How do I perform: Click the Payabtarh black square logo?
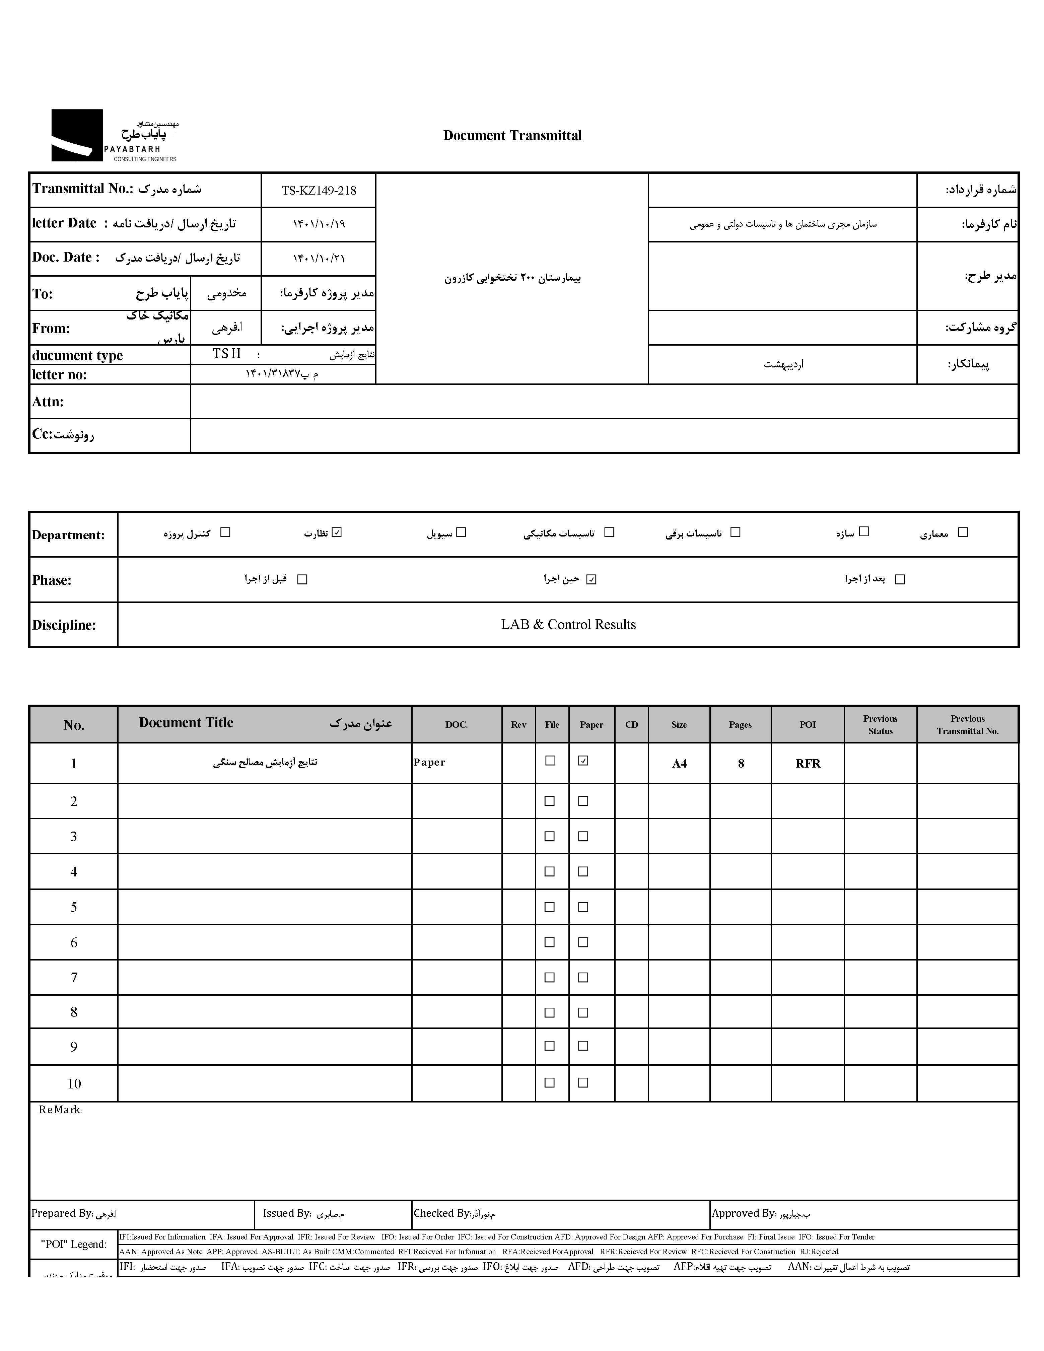(x=77, y=136)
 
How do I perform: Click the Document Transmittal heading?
(x=512, y=136)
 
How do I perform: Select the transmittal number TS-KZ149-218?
(x=319, y=191)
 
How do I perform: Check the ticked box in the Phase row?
(x=591, y=580)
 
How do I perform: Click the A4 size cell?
(x=679, y=764)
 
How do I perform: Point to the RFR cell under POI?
(x=808, y=764)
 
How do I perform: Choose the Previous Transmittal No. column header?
(x=967, y=725)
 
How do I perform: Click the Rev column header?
(x=518, y=725)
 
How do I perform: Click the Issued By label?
(x=287, y=1214)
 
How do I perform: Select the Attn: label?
(x=48, y=402)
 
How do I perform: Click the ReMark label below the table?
(x=60, y=1110)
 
